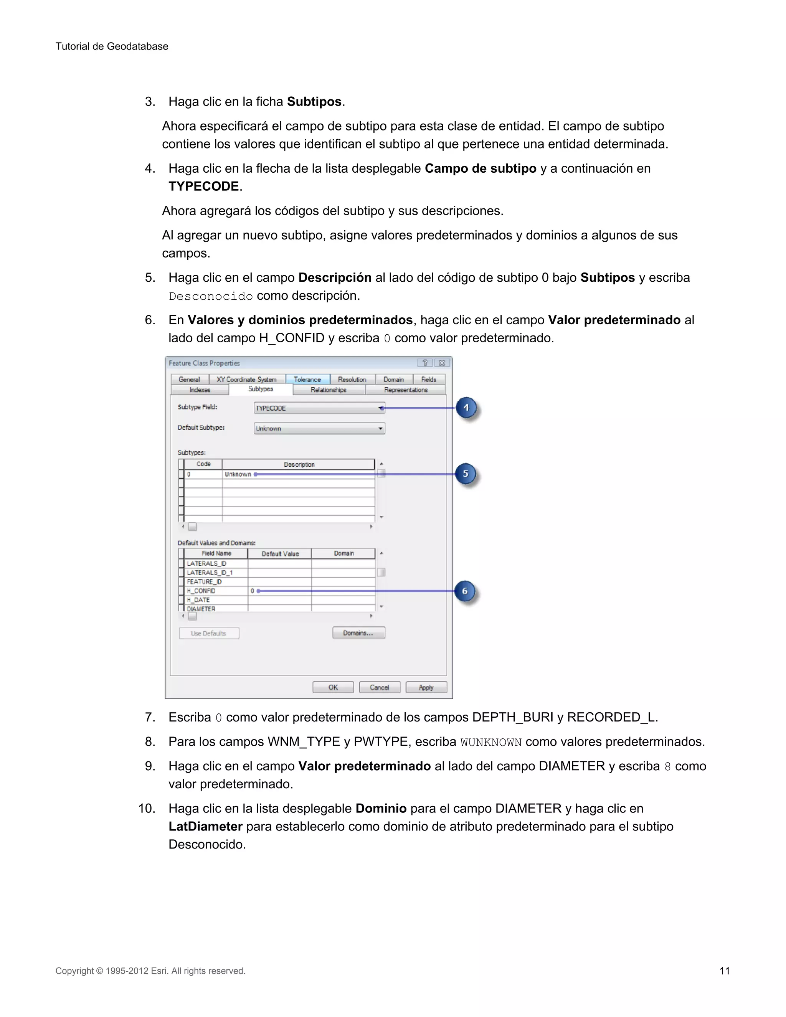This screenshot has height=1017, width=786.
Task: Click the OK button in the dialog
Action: click(x=333, y=687)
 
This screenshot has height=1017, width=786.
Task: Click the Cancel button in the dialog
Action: click(x=380, y=687)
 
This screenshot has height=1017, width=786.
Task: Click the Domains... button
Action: click(x=358, y=633)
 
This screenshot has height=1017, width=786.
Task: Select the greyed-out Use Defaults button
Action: click(x=209, y=633)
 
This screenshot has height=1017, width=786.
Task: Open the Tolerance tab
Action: click(x=307, y=380)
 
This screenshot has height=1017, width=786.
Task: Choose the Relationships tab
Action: click(x=329, y=390)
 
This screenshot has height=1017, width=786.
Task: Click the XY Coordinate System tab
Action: click(x=246, y=380)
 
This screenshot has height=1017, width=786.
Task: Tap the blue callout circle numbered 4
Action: click(x=466, y=408)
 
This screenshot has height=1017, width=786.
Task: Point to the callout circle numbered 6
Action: click(x=465, y=591)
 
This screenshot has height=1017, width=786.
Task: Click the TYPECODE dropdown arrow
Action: click(x=381, y=408)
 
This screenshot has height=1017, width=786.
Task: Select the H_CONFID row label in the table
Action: click(x=201, y=591)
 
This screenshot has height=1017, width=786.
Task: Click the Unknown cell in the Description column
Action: click(x=238, y=474)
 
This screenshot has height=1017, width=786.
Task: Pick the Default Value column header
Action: click(x=280, y=554)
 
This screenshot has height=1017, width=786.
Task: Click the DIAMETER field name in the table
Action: click(x=201, y=609)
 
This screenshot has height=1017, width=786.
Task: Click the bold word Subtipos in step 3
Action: click(x=314, y=102)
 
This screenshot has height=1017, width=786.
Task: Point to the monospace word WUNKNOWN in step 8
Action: click(x=491, y=742)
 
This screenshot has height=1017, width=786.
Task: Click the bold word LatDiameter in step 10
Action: click(x=205, y=827)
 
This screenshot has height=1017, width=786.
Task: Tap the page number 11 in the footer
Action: click(x=725, y=971)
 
